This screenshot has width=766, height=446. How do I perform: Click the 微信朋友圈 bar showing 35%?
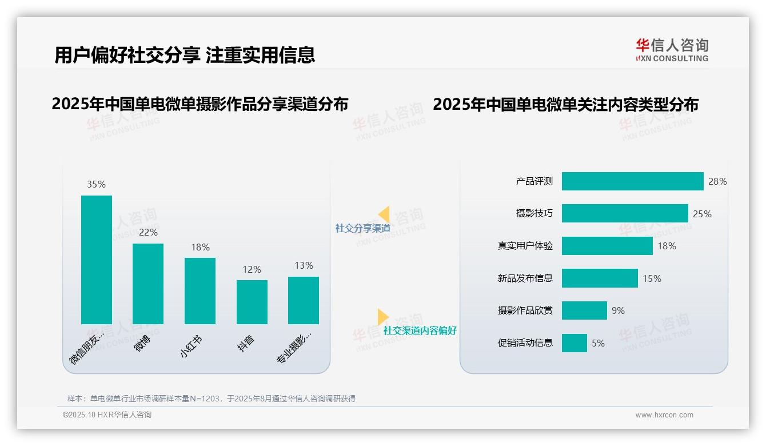pos(97,260)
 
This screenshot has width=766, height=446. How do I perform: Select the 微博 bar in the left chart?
pos(148,284)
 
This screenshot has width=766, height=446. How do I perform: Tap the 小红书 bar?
pos(200,290)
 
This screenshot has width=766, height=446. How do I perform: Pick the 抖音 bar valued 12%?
pos(252,302)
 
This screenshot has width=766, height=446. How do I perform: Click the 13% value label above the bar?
pos(304,265)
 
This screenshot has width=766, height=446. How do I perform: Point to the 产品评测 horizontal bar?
pos(632,181)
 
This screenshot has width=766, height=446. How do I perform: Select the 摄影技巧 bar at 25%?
pos(625,213)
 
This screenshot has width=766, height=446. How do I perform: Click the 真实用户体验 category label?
pos(525,246)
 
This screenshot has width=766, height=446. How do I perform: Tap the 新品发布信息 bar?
pos(600,278)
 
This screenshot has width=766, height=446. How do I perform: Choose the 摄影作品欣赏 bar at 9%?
pos(584,310)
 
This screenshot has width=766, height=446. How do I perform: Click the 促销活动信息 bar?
pos(574,343)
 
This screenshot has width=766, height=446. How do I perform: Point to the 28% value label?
pos(717,181)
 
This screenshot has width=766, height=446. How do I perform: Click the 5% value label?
pos(598,343)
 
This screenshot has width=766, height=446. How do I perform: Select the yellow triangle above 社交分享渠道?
pos(384,214)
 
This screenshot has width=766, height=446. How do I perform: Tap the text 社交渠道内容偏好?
pos(420,330)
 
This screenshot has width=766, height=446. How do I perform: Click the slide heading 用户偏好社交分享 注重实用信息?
pos(185,55)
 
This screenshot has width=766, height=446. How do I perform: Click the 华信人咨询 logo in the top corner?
pos(672,50)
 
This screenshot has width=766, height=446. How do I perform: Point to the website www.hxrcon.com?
pos(664,415)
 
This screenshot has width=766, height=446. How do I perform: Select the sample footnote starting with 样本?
pos(212,399)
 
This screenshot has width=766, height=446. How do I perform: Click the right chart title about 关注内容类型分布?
pos(565,105)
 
